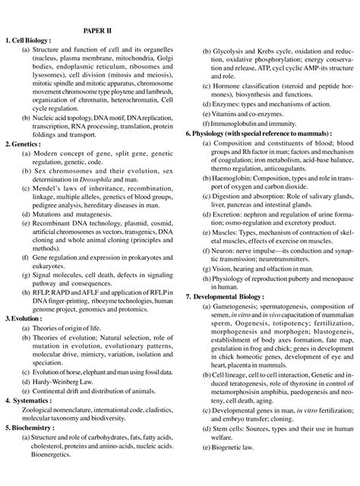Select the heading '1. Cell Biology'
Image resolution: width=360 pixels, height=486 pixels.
coord(30,39)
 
